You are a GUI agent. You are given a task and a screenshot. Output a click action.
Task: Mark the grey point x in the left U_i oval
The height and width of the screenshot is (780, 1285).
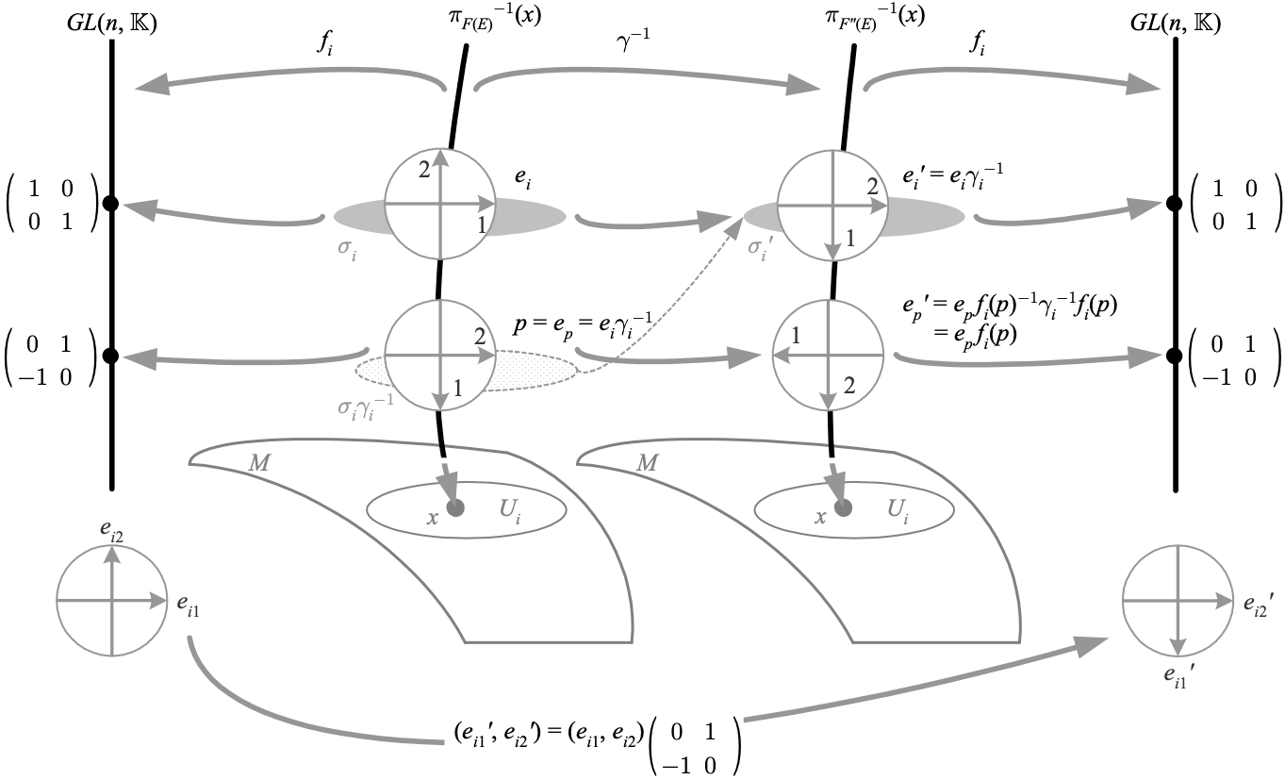[x=457, y=508]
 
